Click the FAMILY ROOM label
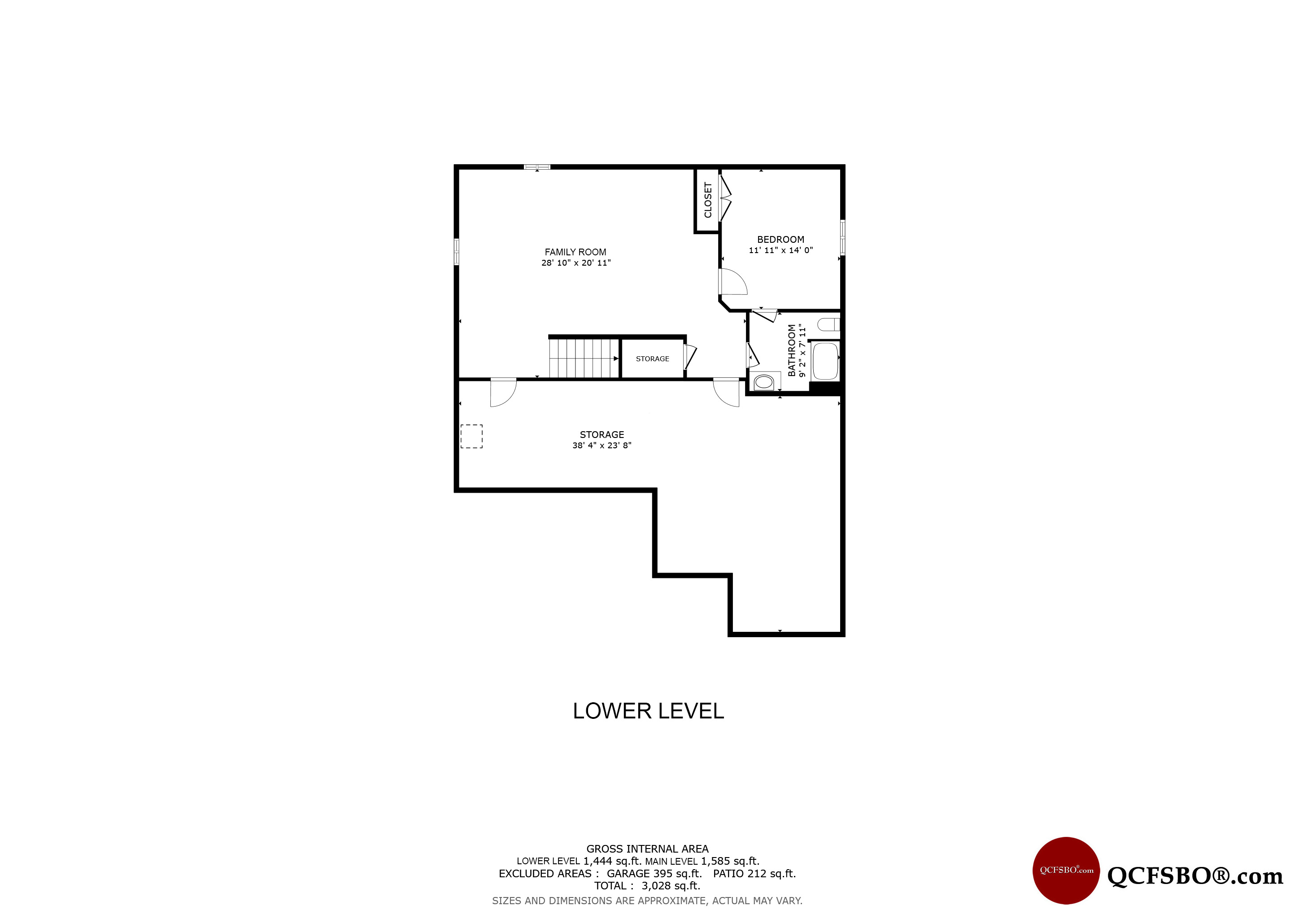coord(575,252)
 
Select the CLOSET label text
coord(708,200)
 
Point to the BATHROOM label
coord(792,350)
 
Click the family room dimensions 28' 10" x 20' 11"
coord(576,263)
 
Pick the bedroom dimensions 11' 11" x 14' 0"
coord(781,250)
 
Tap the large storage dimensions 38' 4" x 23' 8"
coord(602,445)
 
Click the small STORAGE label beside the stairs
coord(652,359)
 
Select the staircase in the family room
coord(584,358)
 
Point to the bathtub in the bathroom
coord(825,361)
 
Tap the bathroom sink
coord(764,382)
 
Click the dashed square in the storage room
coord(471,436)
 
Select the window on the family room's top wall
coord(537,167)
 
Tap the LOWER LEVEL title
coord(648,711)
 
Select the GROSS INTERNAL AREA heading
coord(647,849)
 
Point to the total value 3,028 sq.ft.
coord(671,886)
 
